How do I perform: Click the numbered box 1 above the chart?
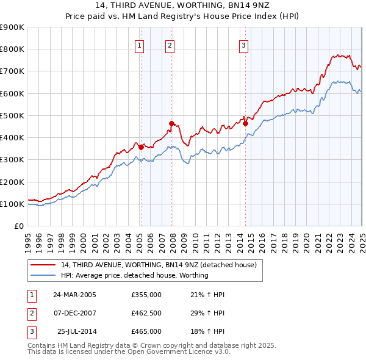coord(140,45)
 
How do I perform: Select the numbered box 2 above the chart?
coord(170,45)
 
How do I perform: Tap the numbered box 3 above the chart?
coord(243,45)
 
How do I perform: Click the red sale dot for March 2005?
coord(141,147)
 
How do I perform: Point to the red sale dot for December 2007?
coord(172,123)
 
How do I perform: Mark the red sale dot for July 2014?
coord(246,123)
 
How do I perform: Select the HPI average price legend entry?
coord(134,275)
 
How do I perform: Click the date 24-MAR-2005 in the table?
coord(74,295)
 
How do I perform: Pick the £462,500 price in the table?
coord(146,313)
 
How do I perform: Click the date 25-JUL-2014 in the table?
coord(76,331)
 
